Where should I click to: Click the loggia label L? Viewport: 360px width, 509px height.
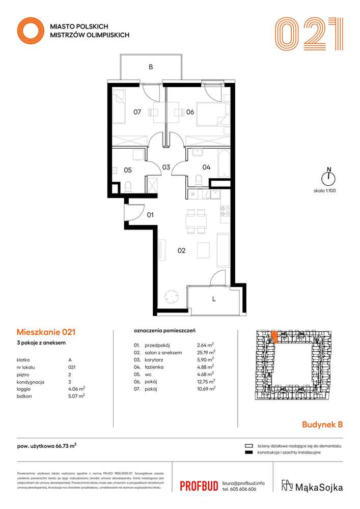(x=214, y=299)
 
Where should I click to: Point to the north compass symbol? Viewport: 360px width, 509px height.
(x=329, y=177)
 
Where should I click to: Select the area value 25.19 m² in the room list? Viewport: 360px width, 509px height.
(x=206, y=352)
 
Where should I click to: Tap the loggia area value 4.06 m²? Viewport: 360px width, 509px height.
(x=77, y=388)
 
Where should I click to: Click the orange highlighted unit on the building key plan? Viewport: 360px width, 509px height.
(x=274, y=336)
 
